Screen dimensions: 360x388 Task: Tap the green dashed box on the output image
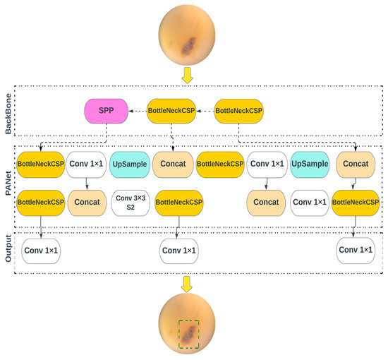(188, 333)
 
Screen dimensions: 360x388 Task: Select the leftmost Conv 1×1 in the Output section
(41, 251)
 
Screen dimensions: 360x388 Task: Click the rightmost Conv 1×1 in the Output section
(356, 251)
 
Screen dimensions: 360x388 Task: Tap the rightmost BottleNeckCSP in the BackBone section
(238, 111)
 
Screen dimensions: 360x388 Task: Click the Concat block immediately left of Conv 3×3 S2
(87, 202)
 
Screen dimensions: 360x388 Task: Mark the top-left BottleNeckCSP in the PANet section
(41, 164)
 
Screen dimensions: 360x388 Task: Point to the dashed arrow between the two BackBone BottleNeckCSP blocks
(205, 111)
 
